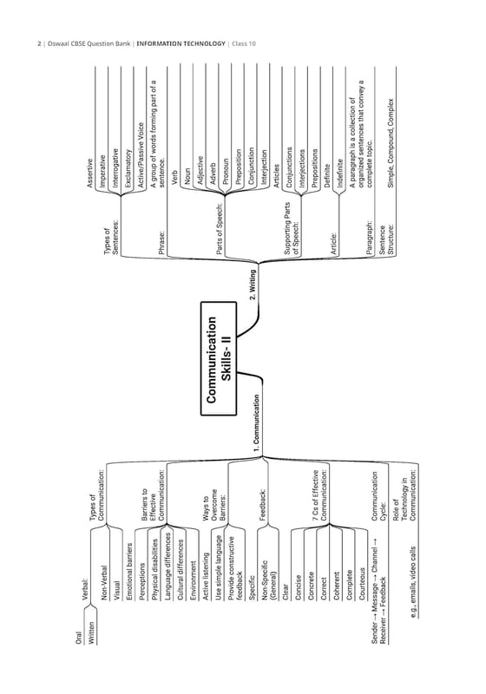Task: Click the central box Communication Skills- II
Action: point(219,358)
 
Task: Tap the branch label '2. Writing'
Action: point(253,285)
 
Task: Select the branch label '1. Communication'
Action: point(256,422)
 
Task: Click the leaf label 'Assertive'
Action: point(90,173)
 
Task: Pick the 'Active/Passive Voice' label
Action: point(141,155)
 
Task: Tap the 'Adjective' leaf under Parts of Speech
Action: point(200,170)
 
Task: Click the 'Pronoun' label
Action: point(226,171)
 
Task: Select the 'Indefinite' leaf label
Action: point(340,173)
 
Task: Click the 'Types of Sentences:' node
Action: point(111,241)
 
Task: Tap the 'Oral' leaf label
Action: point(79,638)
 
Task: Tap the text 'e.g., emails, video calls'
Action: point(413,582)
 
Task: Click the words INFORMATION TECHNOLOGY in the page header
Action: point(181,43)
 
